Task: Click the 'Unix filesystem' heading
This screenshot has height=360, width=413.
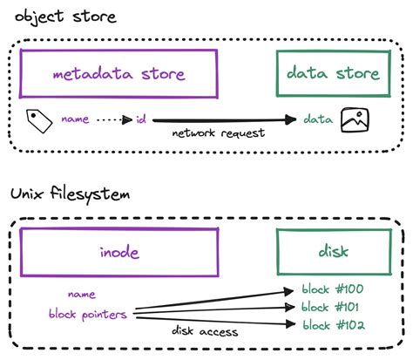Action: pos(70,194)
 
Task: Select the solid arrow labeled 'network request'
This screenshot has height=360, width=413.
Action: pos(218,119)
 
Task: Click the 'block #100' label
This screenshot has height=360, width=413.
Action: pos(332,290)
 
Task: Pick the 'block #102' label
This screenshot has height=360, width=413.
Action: pos(332,325)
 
